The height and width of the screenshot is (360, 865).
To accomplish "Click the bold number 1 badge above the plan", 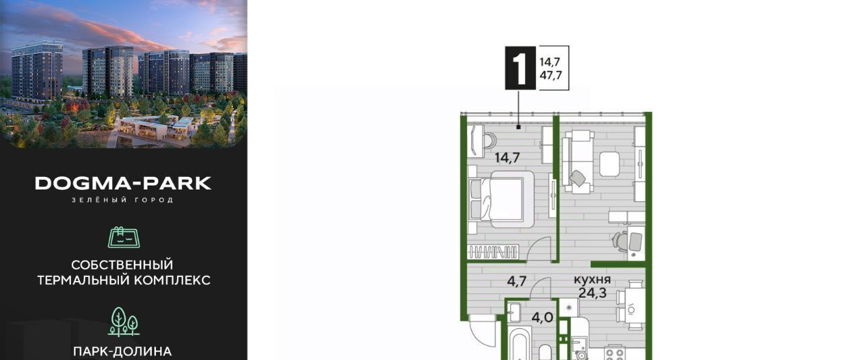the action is click(x=520, y=68).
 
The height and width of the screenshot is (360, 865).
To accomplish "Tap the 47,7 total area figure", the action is click(x=550, y=75).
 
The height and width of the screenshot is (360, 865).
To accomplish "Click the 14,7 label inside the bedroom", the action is click(x=507, y=157).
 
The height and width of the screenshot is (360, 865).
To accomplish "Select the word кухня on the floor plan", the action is click(x=592, y=280).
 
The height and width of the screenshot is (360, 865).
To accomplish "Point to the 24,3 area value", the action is click(x=593, y=293).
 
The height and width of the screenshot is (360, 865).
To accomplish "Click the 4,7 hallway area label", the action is click(x=517, y=281).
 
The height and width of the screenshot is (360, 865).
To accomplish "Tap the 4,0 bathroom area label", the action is click(x=542, y=317).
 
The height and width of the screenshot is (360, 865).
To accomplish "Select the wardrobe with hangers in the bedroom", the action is click(x=493, y=252).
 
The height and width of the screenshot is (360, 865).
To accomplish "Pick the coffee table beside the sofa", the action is click(x=610, y=164).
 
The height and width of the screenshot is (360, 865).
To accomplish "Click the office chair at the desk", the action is click(x=620, y=241).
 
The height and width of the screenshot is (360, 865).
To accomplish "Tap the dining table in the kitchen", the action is click(x=634, y=308).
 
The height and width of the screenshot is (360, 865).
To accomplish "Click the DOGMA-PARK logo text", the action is click(x=123, y=183).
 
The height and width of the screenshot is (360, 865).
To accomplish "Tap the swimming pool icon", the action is click(x=124, y=237).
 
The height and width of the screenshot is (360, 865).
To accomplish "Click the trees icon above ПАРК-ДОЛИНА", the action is click(x=124, y=322).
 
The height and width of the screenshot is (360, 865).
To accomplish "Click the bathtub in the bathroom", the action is click(x=520, y=343).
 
